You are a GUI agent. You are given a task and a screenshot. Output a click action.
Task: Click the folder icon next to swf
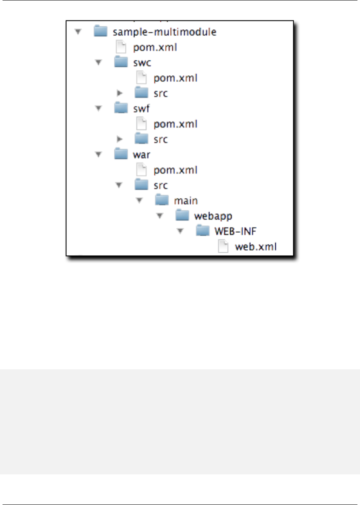tap(122, 108)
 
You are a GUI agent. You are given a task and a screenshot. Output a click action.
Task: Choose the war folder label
tap(141, 154)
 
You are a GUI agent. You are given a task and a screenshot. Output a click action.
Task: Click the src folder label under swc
tap(161, 93)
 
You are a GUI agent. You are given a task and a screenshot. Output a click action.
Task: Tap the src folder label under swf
tap(161, 139)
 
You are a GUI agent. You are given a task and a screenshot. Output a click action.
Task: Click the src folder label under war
tap(161, 185)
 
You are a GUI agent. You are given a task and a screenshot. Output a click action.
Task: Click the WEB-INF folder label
tap(235, 231)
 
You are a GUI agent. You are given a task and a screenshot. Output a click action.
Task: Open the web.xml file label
tap(255, 246)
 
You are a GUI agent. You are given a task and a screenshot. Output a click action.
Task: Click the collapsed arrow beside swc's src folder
tap(120, 93)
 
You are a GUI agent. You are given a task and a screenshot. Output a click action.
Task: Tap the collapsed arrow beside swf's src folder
tap(120, 139)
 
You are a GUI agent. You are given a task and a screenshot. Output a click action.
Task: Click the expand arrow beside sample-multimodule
tap(77, 32)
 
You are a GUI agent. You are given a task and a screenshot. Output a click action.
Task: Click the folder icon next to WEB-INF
tap(203, 231)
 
